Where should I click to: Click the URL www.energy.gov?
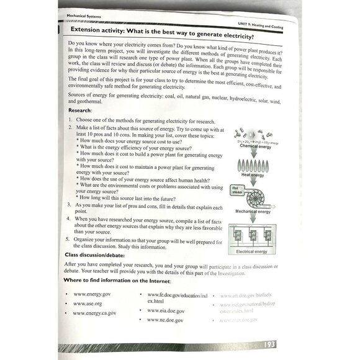[x=92, y=294]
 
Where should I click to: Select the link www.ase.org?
[x=88, y=303]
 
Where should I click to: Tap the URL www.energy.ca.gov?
[x=94, y=313]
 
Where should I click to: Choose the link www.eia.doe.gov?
[x=166, y=310]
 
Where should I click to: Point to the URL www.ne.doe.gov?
[x=165, y=320]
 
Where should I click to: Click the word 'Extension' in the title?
[x=90, y=29]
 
